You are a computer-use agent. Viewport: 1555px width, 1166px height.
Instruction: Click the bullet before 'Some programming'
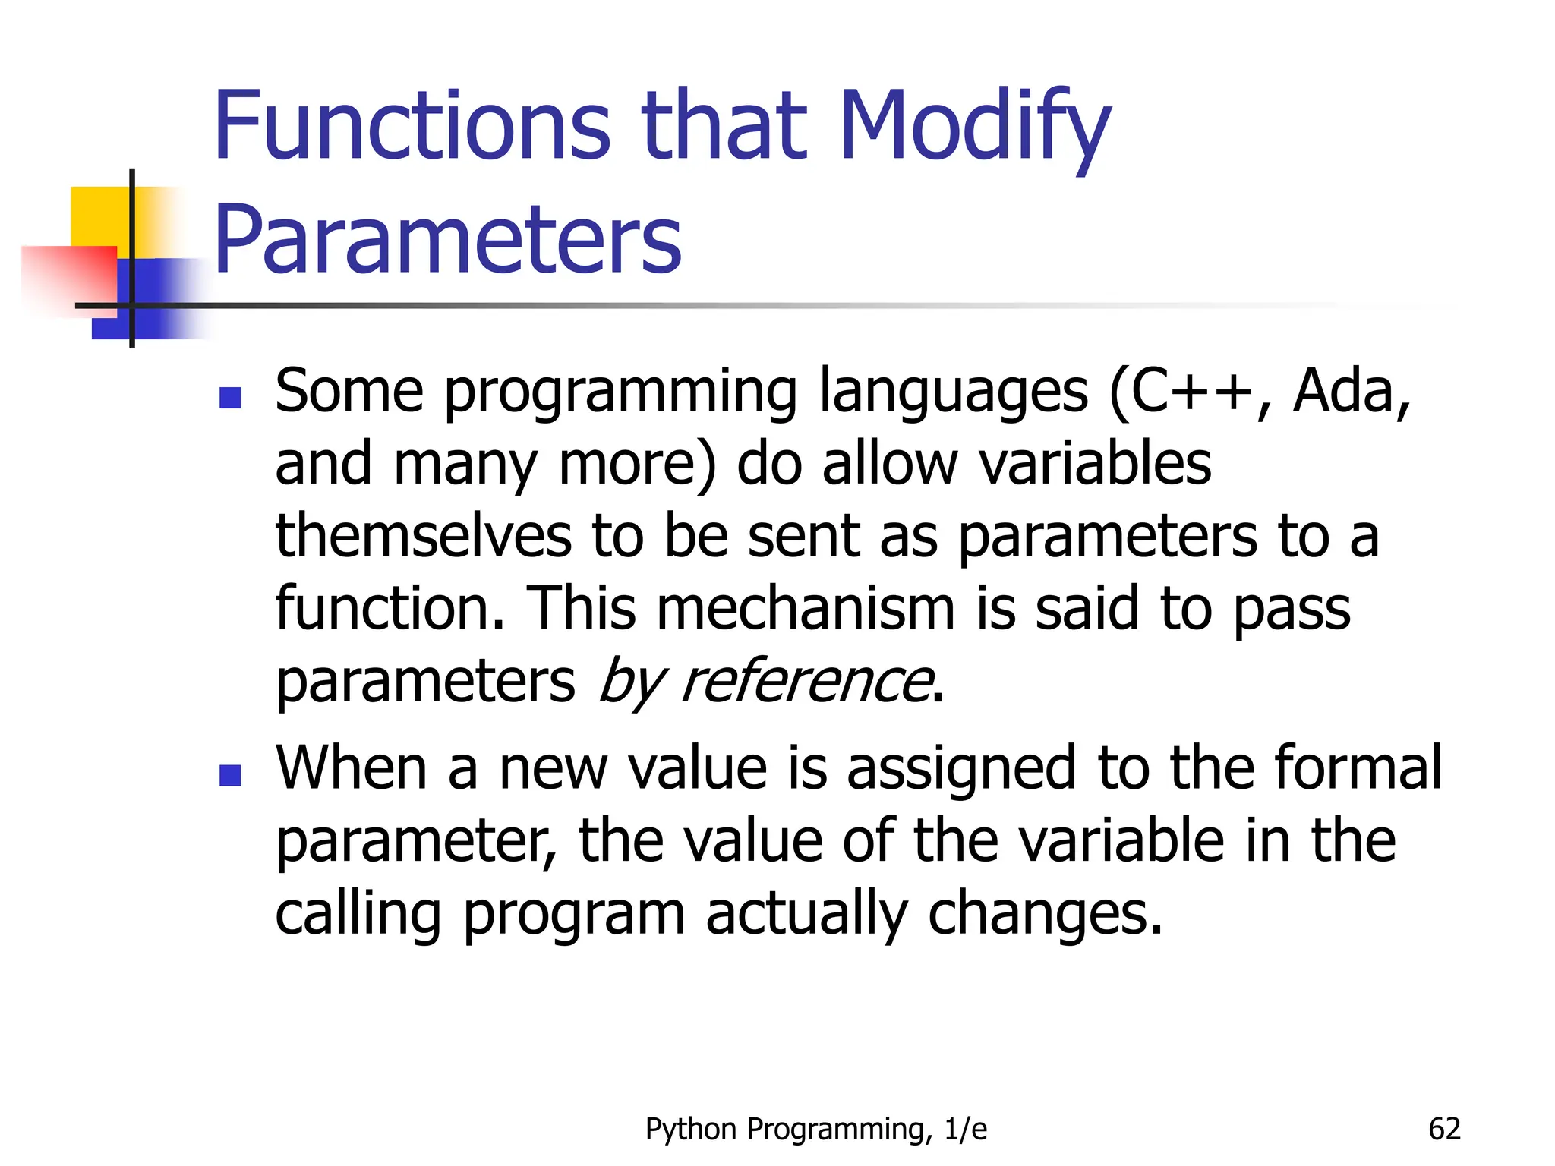(x=229, y=398)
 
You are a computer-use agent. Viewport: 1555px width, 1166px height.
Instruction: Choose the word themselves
(x=423, y=536)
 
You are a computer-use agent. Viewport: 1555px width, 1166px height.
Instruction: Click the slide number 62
(x=1444, y=1129)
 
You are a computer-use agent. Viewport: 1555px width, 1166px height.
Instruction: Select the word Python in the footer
(x=692, y=1129)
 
